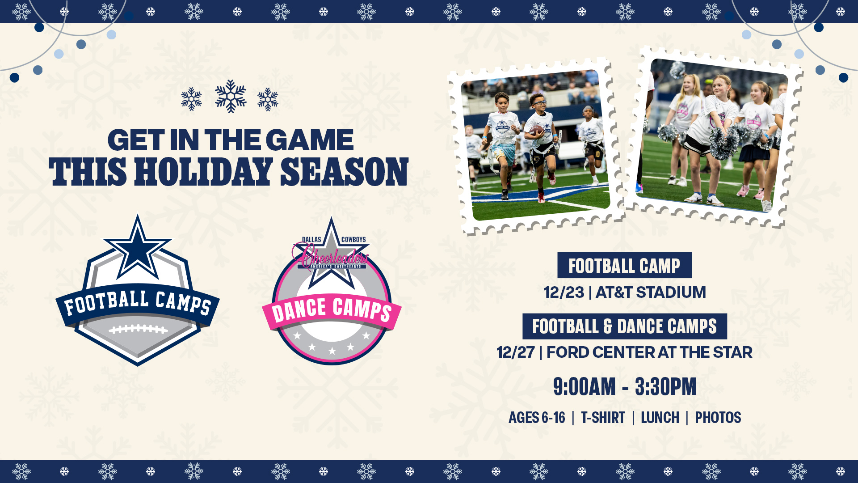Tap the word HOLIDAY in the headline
tap(204, 172)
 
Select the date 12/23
tap(564, 292)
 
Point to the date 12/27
tap(515, 352)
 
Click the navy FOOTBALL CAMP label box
tap(624, 265)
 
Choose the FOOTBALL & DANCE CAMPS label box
tap(624, 326)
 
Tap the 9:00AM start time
tap(584, 387)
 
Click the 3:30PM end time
tap(665, 387)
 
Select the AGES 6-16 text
tap(537, 418)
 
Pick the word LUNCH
tap(660, 418)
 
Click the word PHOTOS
tap(718, 418)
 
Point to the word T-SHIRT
tap(603, 418)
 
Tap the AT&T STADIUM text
tap(651, 292)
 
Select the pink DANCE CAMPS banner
tap(332, 310)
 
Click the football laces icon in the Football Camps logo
tap(138, 330)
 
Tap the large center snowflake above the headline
tap(231, 96)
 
